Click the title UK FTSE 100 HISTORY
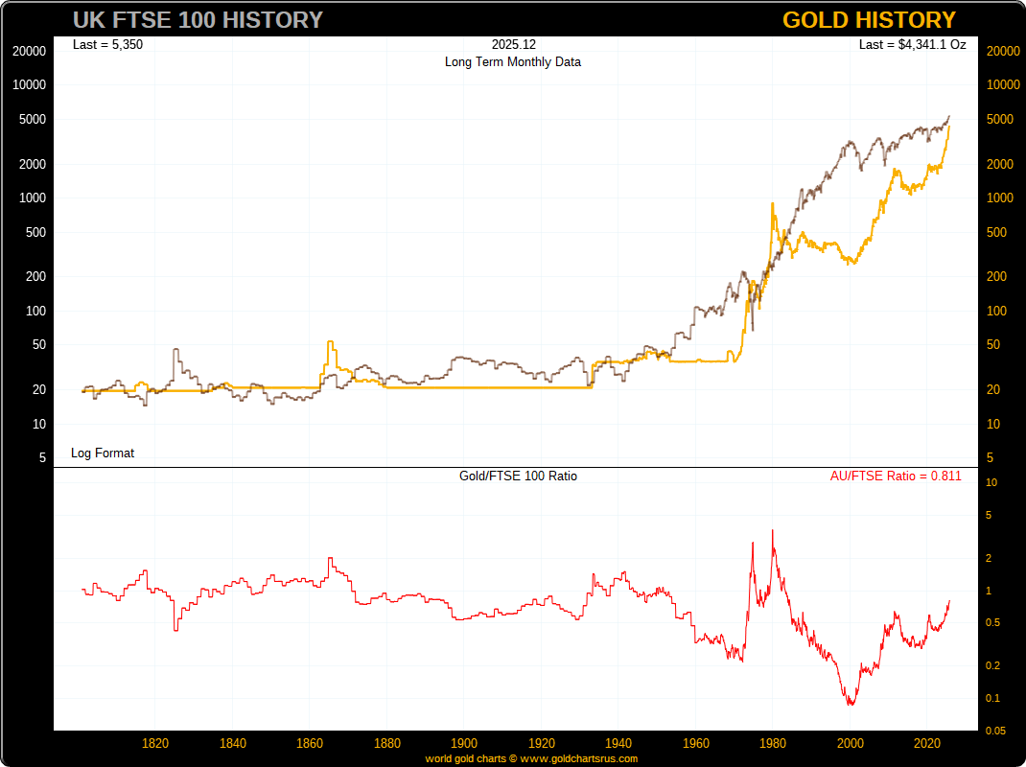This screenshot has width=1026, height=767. coord(198,20)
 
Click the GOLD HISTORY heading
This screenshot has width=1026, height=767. coord(869,20)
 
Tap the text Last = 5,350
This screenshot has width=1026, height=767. coord(107,44)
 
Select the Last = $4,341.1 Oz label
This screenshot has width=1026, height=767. coord(912,44)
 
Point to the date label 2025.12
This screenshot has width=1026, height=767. coord(512,44)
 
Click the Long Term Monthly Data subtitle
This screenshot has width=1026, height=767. coord(512,61)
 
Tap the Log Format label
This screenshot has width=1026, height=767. coord(103,453)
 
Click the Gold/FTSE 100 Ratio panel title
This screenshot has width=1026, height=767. coord(519,476)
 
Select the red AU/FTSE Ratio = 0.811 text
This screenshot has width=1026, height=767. coord(896,476)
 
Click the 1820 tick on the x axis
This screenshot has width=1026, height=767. coord(155,743)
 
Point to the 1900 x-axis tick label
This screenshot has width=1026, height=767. coord(464,743)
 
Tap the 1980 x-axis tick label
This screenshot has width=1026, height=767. coord(773,743)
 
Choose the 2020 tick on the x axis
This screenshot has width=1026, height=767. coord(927,743)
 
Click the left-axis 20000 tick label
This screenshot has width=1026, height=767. coord(30,52)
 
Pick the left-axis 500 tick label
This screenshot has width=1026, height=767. coord(35,232)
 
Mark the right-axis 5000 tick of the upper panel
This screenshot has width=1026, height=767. coord(1000,120)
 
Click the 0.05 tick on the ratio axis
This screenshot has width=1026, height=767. coord(996,732)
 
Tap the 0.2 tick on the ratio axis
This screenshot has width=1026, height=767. coord(992,666)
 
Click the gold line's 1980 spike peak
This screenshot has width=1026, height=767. coord(773,203)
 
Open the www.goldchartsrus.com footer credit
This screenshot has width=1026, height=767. coord(578,758)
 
